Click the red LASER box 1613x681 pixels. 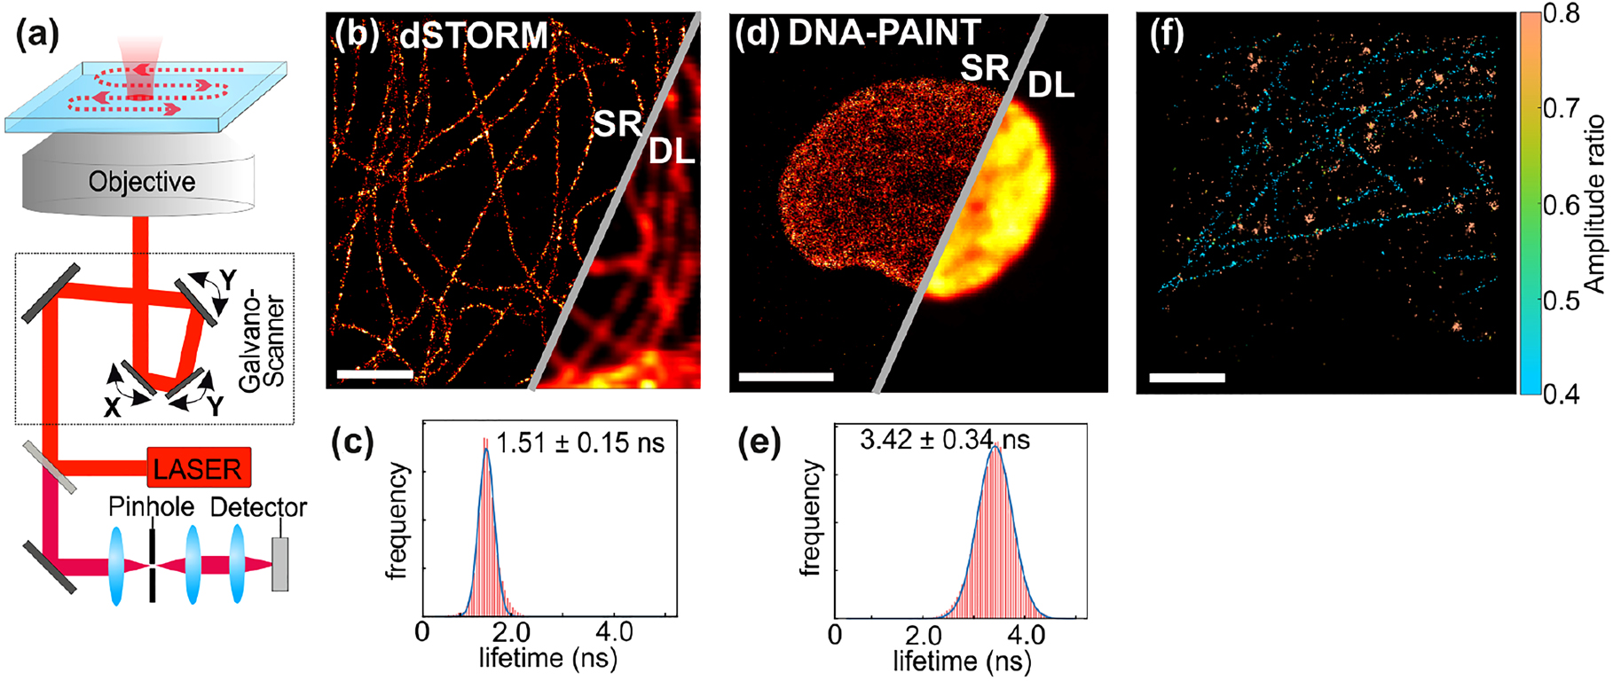[199, 467]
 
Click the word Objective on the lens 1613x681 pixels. [142, 182]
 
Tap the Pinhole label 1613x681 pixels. [151, 507]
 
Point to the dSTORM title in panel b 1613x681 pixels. [473, 35]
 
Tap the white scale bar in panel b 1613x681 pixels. [374, 374]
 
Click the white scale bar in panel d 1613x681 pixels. [785, 377]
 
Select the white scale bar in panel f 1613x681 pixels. [1186, 378]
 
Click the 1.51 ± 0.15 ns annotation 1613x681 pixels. [579, 442]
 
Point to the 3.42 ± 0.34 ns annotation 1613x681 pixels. [945, 439]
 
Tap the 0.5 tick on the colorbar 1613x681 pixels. [1562, 300]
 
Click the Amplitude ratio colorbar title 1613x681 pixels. [1595, 204]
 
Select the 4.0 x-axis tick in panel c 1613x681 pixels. [614, 633]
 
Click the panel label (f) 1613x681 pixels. [1167, 35]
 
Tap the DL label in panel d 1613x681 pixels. [1051, 85]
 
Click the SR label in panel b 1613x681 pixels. [617, 124]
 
